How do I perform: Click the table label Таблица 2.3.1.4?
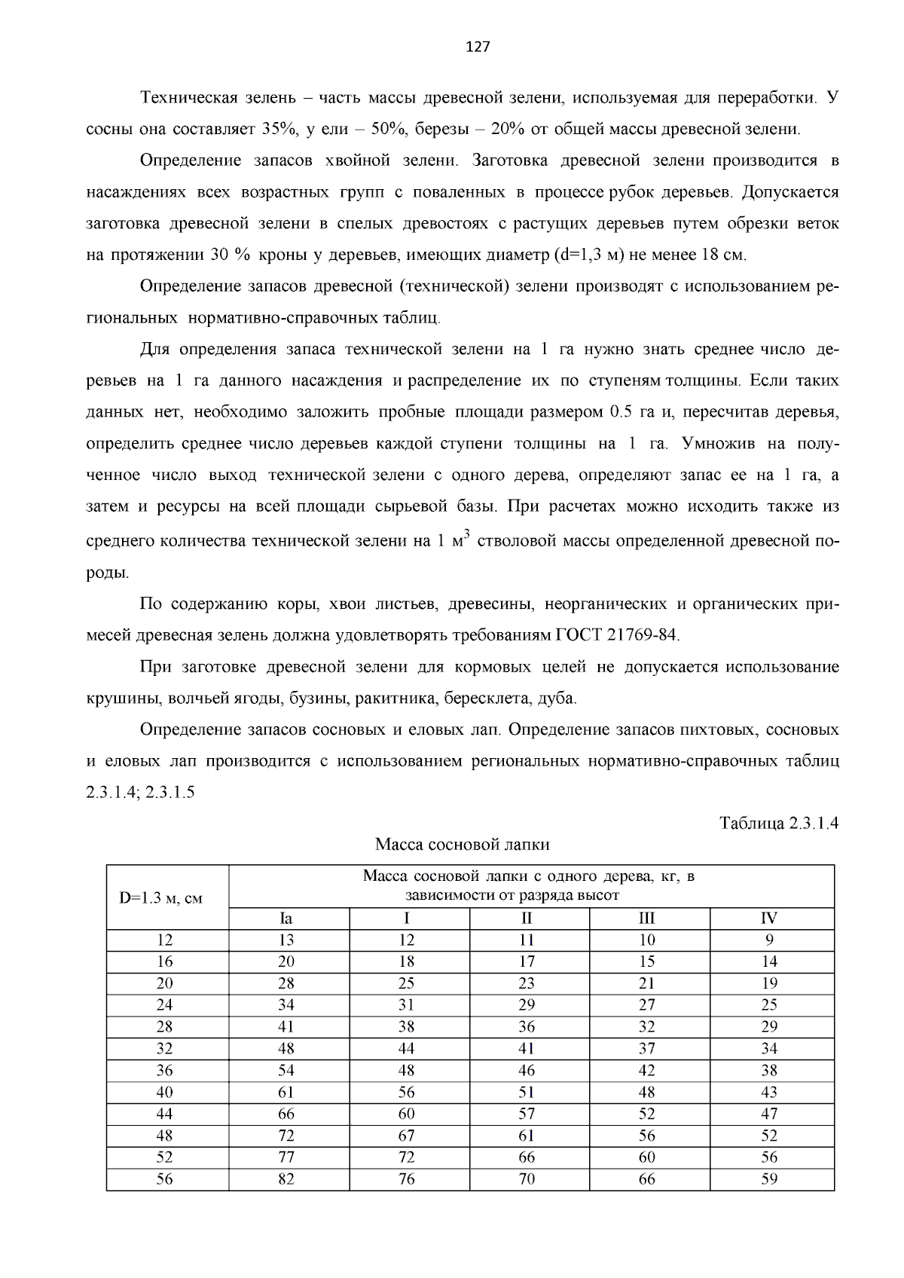tap(779, 823)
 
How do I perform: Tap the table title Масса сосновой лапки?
tap(463, 845)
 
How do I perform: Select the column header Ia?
tap(286, 919)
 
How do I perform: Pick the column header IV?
tap(768, 919)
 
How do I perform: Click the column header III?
tap(646, 919)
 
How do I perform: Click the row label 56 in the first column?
tap(164, 1179)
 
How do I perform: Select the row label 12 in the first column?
tap(164, 940)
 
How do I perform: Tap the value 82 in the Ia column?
tap(286, 1179)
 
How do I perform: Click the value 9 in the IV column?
tap(768, 940)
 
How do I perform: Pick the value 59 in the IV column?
tap(768, 1179)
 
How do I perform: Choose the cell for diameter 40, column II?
tap(527, 1093)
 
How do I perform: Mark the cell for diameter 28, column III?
tap(646, 1027)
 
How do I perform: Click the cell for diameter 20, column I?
tap(406, 983)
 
